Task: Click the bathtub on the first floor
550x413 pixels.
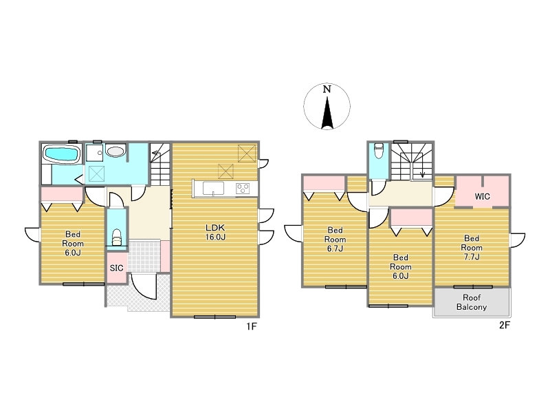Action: click(x=61, y=154)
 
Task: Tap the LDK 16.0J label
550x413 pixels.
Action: click(x=215, y=232)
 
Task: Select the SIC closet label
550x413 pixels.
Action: click(x=116, y=268)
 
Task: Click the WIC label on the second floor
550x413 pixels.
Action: click(x=483, y=196)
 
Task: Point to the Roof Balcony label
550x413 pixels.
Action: click(x=472, y=302)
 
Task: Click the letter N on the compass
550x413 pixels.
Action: click(x=327, y=89)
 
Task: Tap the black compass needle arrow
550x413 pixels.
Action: click(x=327, y=112)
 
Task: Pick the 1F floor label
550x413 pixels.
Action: click(x=252, y=326)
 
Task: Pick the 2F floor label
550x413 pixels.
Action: click(x=505, y=325)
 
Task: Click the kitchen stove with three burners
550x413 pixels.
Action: click(x=243, y=189)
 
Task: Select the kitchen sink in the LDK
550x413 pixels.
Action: click(x=213, y=188)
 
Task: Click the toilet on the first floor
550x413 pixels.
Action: click(x=116, y=237)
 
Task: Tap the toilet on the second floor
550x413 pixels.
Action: click(x=379, y=150)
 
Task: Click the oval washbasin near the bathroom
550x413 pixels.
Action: click(x=115, y=151)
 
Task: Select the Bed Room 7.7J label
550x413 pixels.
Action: click(x=472, y=248)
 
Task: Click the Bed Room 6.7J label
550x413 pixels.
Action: click(x=335, y=239)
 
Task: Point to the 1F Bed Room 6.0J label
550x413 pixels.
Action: click(x=73, y=244)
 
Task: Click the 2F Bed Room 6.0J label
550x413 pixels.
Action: click(x=401, y=266)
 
